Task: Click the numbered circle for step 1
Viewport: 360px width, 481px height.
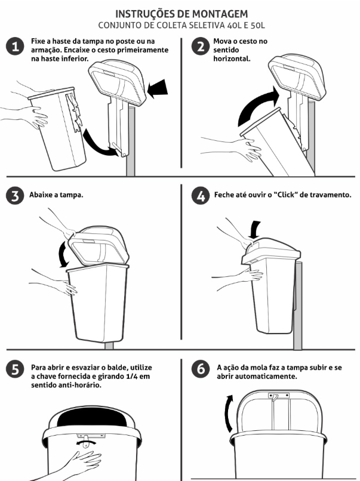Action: coord(15,47)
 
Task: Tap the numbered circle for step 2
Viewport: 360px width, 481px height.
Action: coord(201,47)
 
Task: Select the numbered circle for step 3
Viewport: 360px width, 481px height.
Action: coord(15,196)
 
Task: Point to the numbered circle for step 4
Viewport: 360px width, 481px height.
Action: coord(201,196)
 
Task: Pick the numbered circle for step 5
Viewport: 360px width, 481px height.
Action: coord(15,369)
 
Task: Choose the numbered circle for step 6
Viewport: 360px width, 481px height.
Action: coord(201,369)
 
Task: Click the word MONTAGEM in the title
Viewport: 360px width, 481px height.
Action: coord(220,14)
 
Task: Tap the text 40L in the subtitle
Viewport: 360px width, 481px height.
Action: coord(234,26)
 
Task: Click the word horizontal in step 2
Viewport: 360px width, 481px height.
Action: coord(232,58)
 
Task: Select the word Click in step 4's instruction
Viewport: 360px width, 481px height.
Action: coord(286,195)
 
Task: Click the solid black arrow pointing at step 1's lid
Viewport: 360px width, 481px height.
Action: coord(158,88)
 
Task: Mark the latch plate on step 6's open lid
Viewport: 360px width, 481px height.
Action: coord(279,396)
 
